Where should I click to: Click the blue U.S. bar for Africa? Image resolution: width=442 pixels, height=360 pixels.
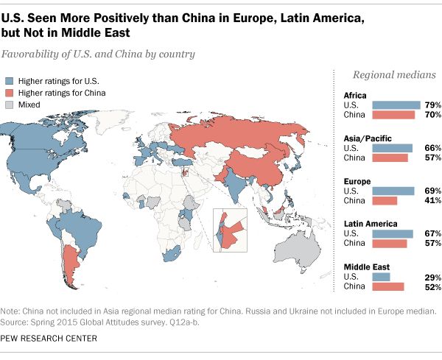396,105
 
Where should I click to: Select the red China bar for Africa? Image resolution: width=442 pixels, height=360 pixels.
393,116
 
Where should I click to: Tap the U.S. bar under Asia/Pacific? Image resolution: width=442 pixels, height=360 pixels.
392,148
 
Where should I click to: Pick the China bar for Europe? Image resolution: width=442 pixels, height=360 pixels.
385,200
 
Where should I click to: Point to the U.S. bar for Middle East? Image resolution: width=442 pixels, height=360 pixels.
381,276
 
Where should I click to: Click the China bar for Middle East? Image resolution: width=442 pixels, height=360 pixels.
388,286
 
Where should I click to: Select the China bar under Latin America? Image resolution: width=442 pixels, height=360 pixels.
390,244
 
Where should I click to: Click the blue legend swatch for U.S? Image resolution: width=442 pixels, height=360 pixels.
10,80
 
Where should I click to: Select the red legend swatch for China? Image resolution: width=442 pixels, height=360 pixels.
10,93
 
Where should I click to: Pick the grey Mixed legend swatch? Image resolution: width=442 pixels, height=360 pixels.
10,105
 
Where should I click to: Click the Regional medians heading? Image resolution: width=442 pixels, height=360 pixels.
393,75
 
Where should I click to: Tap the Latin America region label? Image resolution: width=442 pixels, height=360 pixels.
371,223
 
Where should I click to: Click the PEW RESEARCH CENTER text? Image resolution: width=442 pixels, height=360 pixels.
49,317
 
